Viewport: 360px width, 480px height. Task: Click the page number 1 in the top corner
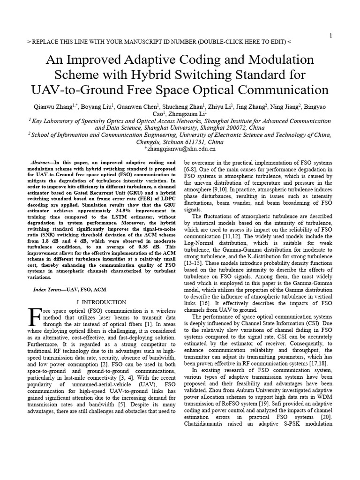coord(331,36)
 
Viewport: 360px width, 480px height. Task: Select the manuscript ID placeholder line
coord(159,42)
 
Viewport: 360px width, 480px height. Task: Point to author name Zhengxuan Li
coord(187,114)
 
